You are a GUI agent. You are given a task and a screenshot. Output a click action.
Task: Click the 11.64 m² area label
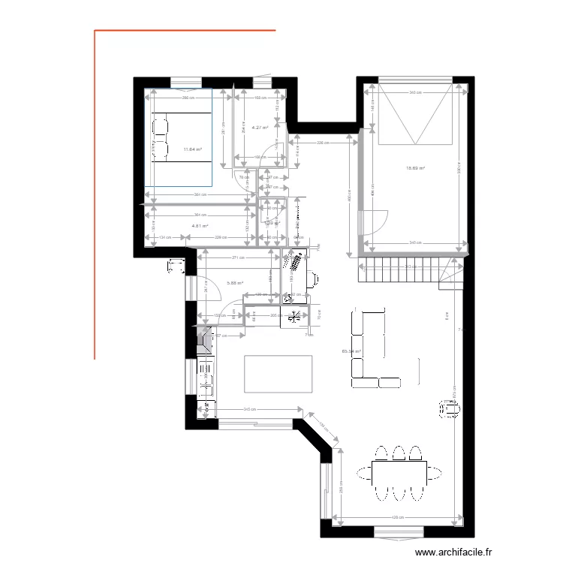[x=192, y=149]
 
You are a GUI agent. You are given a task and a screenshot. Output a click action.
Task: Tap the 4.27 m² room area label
[x=260, y=128]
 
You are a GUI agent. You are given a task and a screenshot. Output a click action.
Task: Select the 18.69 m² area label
[x=415, y=168]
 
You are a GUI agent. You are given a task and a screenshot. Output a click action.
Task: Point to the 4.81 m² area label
[x=200, y=225]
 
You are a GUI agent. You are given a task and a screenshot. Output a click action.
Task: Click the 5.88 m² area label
[x=234, y=283]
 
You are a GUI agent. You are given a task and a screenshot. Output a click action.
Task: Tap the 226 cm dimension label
[x=321, y=142]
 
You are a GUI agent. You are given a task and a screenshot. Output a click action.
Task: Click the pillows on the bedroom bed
[x=161, y=135]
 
